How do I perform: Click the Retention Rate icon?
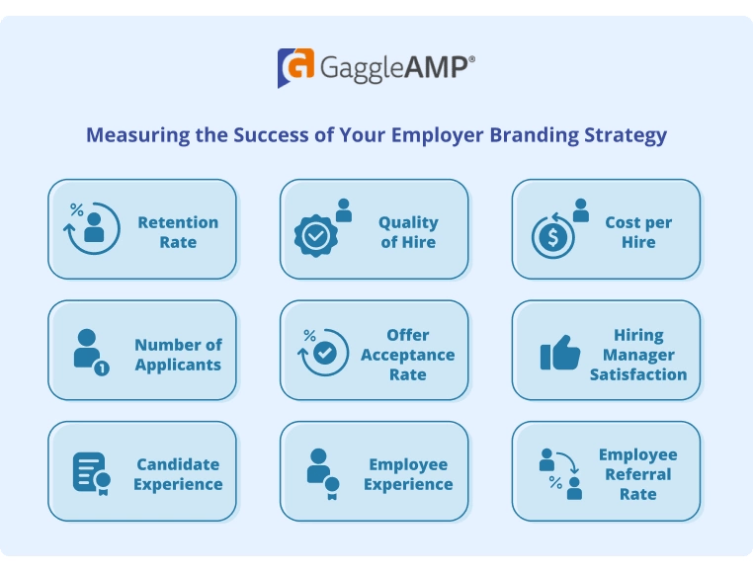[x=93, y=227]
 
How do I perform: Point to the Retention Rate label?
[x=178, y=232]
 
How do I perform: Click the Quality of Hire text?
[x=408, y=232]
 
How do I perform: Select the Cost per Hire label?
[x=638, y=232]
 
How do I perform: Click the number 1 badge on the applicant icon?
[x=103, y=368]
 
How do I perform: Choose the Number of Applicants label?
[x=178, y=355]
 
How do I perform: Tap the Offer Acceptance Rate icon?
[x=323, y=351]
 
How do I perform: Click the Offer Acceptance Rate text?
[x=407, y=355]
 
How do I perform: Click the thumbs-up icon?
[x=560, y=353]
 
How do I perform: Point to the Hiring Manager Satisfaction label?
[x=638, y=355]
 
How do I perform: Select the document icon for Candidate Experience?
[x=90, y=472]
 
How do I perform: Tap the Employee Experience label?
[x=408, y=474]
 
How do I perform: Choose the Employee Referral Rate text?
[x=638, y=474]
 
